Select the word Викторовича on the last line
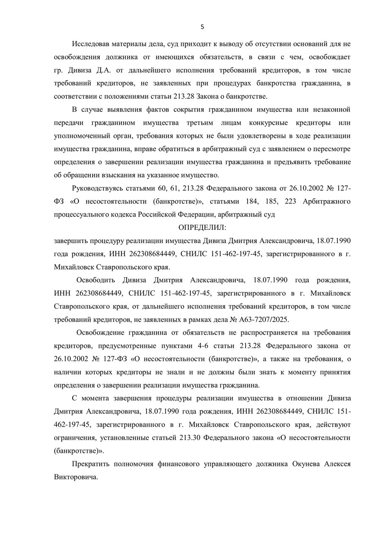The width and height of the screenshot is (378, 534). (x=76, y=477)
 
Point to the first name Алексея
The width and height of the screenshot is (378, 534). (x=337, y=464)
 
